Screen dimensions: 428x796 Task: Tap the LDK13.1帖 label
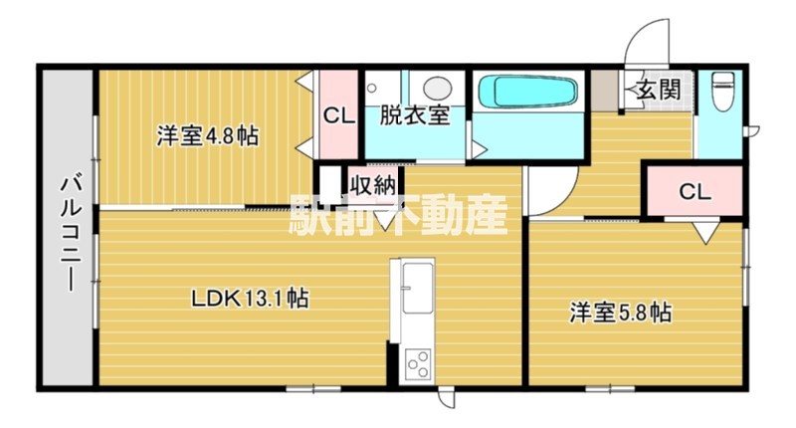[x=249, y=298]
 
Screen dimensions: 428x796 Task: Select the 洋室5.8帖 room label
[x=620, y=312]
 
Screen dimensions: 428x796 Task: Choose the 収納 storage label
[x=373, y=183]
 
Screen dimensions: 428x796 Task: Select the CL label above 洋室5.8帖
[x=694, y=192]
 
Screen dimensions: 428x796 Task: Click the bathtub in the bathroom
[x=526, y=94]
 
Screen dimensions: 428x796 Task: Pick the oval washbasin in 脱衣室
[x=434, y=89]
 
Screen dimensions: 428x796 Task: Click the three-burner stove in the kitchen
[x=416, y=360]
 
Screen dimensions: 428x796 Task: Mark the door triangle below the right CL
[x=704, y=233]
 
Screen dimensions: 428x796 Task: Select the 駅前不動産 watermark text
[x=398, y=213]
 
